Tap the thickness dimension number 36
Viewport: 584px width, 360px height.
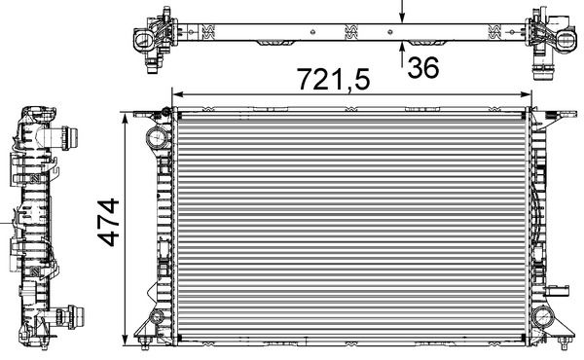pos(423,68)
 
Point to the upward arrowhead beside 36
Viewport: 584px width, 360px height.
pos(404,50)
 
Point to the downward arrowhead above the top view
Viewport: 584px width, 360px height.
pos(404,18)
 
